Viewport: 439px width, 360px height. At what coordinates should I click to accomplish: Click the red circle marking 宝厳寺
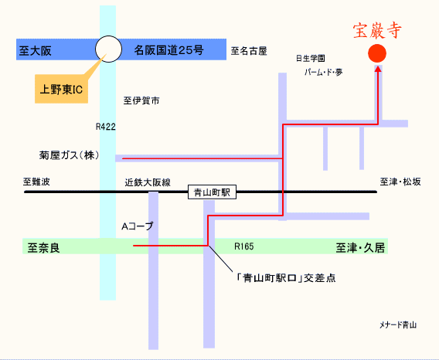(x=377, y=53)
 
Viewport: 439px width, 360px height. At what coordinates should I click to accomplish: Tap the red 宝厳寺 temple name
(x=377, y=30)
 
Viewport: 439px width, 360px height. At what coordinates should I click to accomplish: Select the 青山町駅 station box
(x=212, y=192)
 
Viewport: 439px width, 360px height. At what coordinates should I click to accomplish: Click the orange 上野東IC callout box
(x=61, y=89)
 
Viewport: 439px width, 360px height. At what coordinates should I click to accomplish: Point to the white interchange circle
(x=108, y=49)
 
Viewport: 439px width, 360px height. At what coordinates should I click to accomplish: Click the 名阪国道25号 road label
(x=168, y=50)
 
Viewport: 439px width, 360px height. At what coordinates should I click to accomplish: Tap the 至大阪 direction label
(x=36, y=51)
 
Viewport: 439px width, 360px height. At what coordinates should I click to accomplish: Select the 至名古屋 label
(x=249, y=51)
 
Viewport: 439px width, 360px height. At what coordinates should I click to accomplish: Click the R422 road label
(x=106, y=127)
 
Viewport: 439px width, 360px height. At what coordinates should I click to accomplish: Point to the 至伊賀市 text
(x=141, y=100)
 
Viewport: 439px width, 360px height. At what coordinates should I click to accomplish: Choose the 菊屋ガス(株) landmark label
(x=69, y=155)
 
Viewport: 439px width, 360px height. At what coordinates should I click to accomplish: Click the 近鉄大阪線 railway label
(x=148, y=182)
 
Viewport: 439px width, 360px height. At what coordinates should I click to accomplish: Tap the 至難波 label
(x=36, y=182)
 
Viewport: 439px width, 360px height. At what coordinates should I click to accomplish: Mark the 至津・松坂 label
(x=400, y=182)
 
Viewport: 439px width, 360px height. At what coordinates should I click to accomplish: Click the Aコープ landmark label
(x=138, y=226)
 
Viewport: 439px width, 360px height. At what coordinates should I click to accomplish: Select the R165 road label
(x=244, y=246)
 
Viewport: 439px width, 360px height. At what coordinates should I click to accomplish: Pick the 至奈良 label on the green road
(x=44, y=248)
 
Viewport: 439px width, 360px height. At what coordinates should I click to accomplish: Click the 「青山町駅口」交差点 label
(x=286, y=278)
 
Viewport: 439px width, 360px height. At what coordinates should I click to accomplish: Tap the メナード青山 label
(x=398, y=325)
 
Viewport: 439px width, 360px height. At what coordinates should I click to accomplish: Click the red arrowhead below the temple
(x=378, y=69)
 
